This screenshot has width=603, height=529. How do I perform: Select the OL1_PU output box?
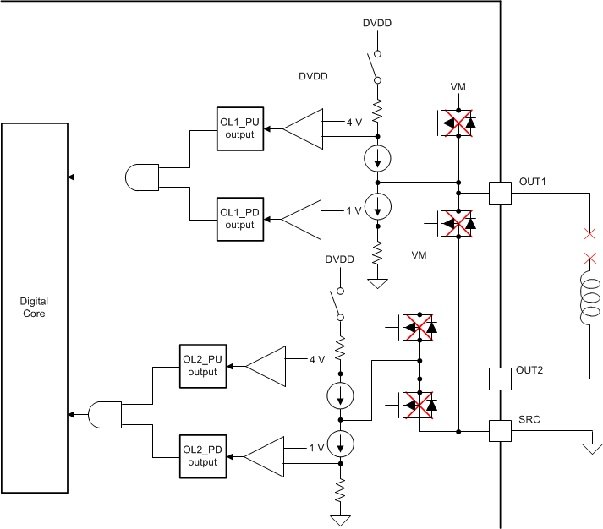[239, 128]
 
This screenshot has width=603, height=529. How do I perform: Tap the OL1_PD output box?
[239, 219]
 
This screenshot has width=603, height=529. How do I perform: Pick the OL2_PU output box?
[203, 366]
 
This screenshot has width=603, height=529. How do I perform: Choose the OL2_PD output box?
[203, 456]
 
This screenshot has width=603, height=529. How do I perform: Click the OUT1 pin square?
[501, 194]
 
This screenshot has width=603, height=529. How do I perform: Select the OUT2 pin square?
[501, 379]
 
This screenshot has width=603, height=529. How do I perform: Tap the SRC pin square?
[501, 431]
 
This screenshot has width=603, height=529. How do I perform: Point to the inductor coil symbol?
[589, 299]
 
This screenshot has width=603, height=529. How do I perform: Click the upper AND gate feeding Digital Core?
[140, 177]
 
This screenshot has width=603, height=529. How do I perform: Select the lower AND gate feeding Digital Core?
[105, 414]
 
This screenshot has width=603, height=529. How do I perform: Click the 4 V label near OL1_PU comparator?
[354, 123]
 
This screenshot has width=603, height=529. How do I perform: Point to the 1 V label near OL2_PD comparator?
[317, 448]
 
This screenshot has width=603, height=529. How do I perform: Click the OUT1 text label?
[533, 183]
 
